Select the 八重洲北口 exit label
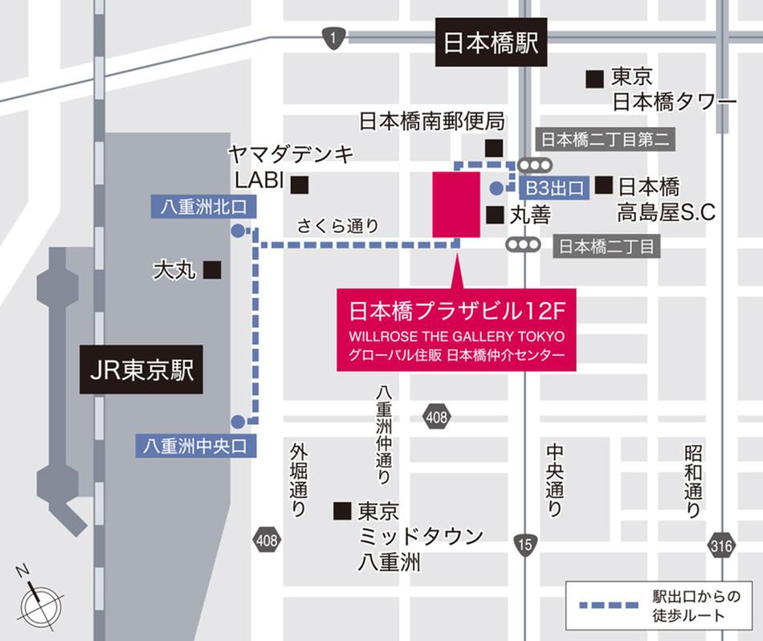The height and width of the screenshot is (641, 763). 203,206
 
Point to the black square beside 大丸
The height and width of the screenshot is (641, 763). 212,270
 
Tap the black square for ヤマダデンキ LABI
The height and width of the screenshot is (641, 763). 300,185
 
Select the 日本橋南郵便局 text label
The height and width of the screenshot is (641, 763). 430,122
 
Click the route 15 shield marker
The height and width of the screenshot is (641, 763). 524,544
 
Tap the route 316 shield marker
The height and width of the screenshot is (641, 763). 721,545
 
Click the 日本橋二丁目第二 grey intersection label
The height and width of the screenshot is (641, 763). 605,139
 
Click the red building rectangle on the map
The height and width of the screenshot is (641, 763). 456,204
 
